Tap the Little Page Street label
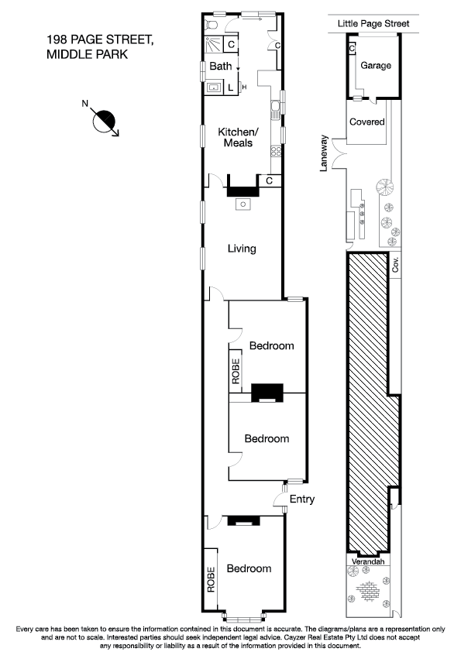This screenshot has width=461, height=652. coord(373,24)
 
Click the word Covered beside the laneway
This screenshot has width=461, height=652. coord(367,122)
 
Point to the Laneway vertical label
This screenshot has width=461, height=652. coord(325,153)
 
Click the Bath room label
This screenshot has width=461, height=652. coord(221,67)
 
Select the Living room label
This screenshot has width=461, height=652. coord(242,249)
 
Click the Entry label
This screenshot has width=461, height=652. coord(301,499)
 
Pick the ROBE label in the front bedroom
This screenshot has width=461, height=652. coord(210,580)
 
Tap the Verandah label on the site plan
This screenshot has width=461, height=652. coord(367,561)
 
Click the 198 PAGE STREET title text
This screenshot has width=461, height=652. coord(100,39)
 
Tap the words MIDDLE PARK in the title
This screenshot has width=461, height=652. coord(87,54)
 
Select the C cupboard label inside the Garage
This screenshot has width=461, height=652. coord(352,49)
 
